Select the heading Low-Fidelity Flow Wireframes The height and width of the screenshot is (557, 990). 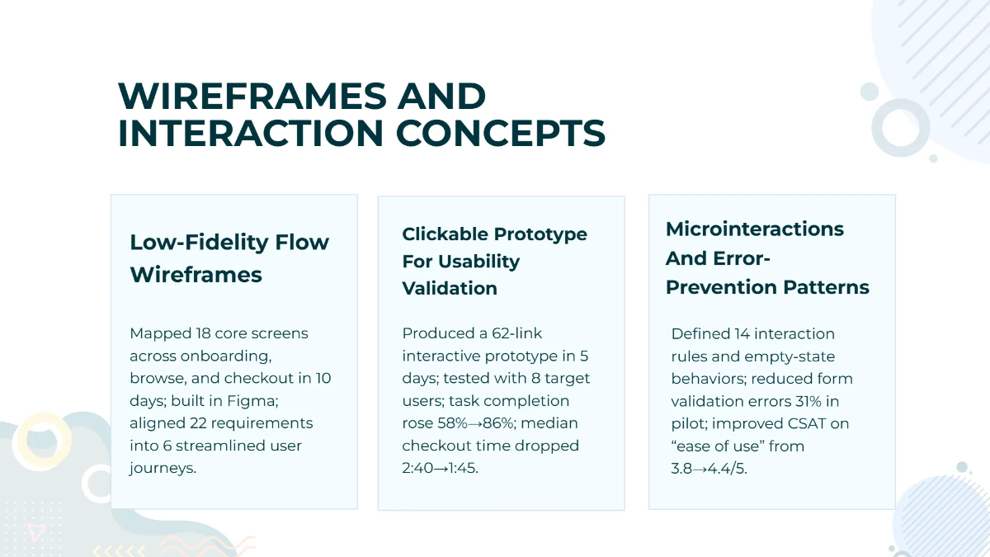pos(229,258)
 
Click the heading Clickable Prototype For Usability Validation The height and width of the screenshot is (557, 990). pos(494,261)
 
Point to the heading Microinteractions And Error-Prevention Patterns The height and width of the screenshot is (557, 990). pos(767,257)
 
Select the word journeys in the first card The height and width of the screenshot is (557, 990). pos(164,467)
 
